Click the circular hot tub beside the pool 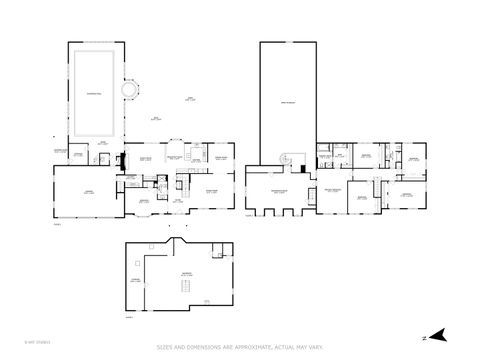tap(130, 90)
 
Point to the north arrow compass tap(437, 337)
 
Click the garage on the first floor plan tap(76, 191)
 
